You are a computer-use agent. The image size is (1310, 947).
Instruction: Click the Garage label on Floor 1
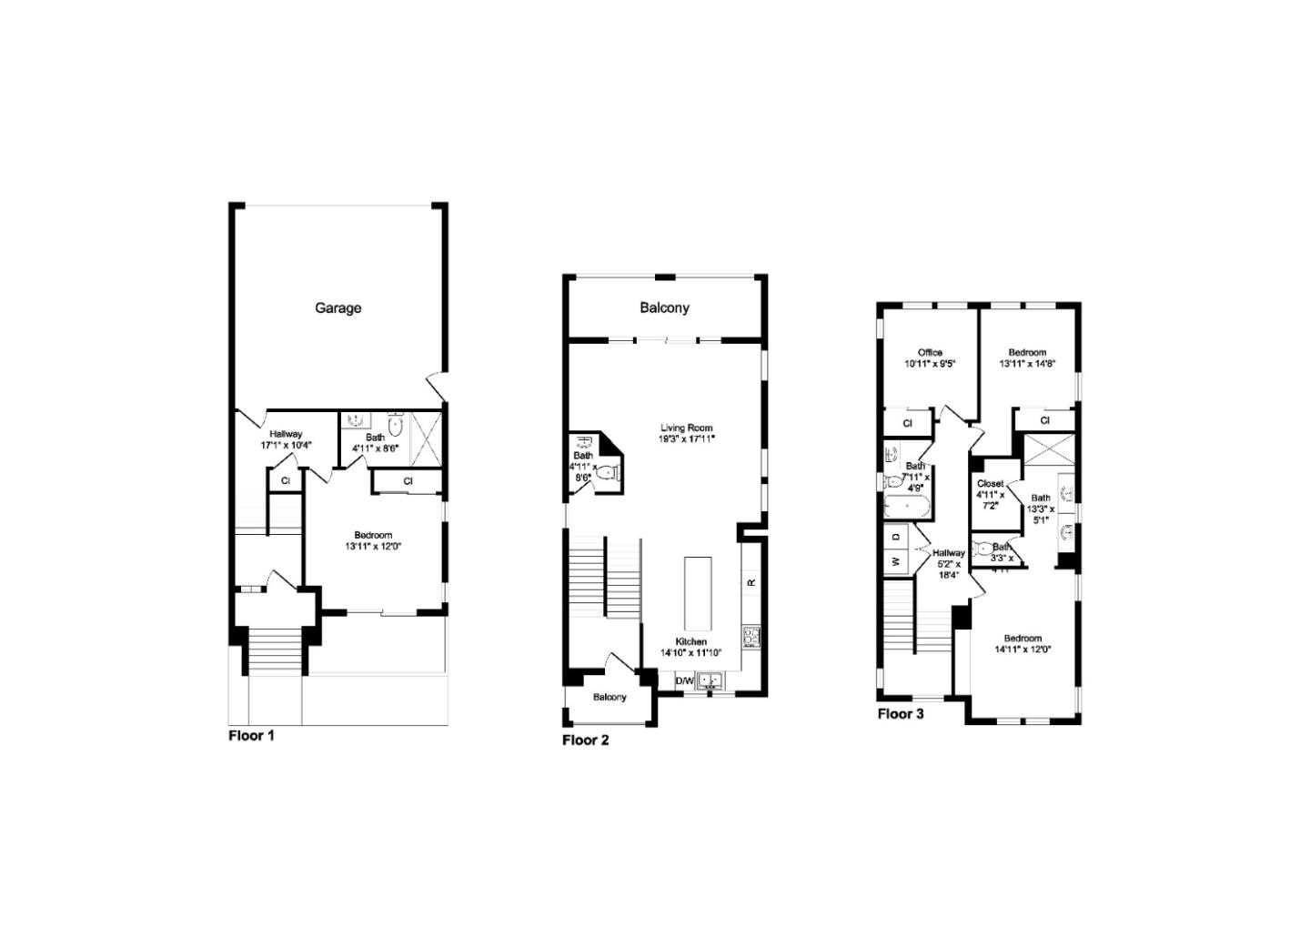click(x=338, y=308)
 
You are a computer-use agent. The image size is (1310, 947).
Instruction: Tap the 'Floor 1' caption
click(x=251, y=735)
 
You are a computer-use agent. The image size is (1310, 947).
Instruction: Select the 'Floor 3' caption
click(x=901, y=713)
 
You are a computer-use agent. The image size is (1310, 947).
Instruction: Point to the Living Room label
click(x=686, y=433)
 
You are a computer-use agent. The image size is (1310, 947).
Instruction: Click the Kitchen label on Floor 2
click(x=690, y=647)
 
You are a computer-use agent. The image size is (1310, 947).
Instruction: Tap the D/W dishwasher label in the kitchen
click(x=684, y=680)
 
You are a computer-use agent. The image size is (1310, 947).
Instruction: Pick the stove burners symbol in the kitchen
click(x=751, y=635)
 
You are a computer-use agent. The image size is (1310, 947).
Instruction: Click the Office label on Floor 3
click(x=930, y=358)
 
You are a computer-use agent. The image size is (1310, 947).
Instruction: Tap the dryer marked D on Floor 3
click(x=895, y=537)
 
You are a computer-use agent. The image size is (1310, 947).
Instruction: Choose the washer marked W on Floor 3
click(x=895, y=562)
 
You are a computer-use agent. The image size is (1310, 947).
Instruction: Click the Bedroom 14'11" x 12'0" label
click(x=1023, y=643)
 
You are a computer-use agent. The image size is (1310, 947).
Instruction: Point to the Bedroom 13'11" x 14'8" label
click(x=1027, y=358)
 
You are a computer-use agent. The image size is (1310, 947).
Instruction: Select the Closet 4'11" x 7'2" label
click(x=990, y=494)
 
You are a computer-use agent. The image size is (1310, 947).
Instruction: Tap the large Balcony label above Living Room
click(x=664, y=308)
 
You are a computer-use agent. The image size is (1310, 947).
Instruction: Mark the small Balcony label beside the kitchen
click(x=610, y=697)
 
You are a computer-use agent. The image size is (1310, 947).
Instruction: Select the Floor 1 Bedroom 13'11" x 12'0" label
click(x=373, y=540)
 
